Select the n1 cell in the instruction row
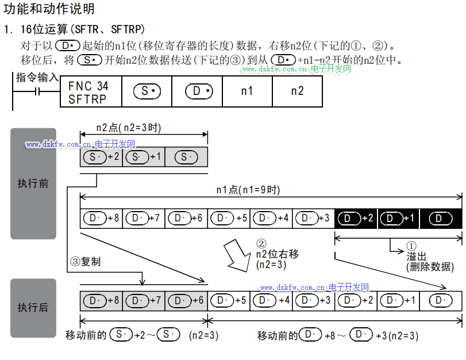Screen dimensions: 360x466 (247, 91)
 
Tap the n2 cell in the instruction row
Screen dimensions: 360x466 (297, 91)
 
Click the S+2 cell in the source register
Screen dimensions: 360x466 (101, 157)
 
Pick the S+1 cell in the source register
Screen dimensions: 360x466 (144, 157)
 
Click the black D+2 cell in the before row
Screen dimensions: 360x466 (356, 219)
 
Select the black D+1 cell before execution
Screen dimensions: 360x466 (399, 219)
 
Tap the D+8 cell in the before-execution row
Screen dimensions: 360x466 (101, 219)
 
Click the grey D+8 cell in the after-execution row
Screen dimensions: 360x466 (101, 300)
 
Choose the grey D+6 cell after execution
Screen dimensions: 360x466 (186, 300)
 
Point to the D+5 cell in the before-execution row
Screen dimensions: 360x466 (229, 219)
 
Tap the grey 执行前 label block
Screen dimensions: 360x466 (33, 183)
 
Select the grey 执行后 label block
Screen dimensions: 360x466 (33, 307)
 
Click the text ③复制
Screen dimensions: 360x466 (85, 262)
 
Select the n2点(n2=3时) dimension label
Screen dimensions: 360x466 (129, 128)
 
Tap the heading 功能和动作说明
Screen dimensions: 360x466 (49, 9)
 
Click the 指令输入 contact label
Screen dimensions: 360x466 (37, 77)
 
